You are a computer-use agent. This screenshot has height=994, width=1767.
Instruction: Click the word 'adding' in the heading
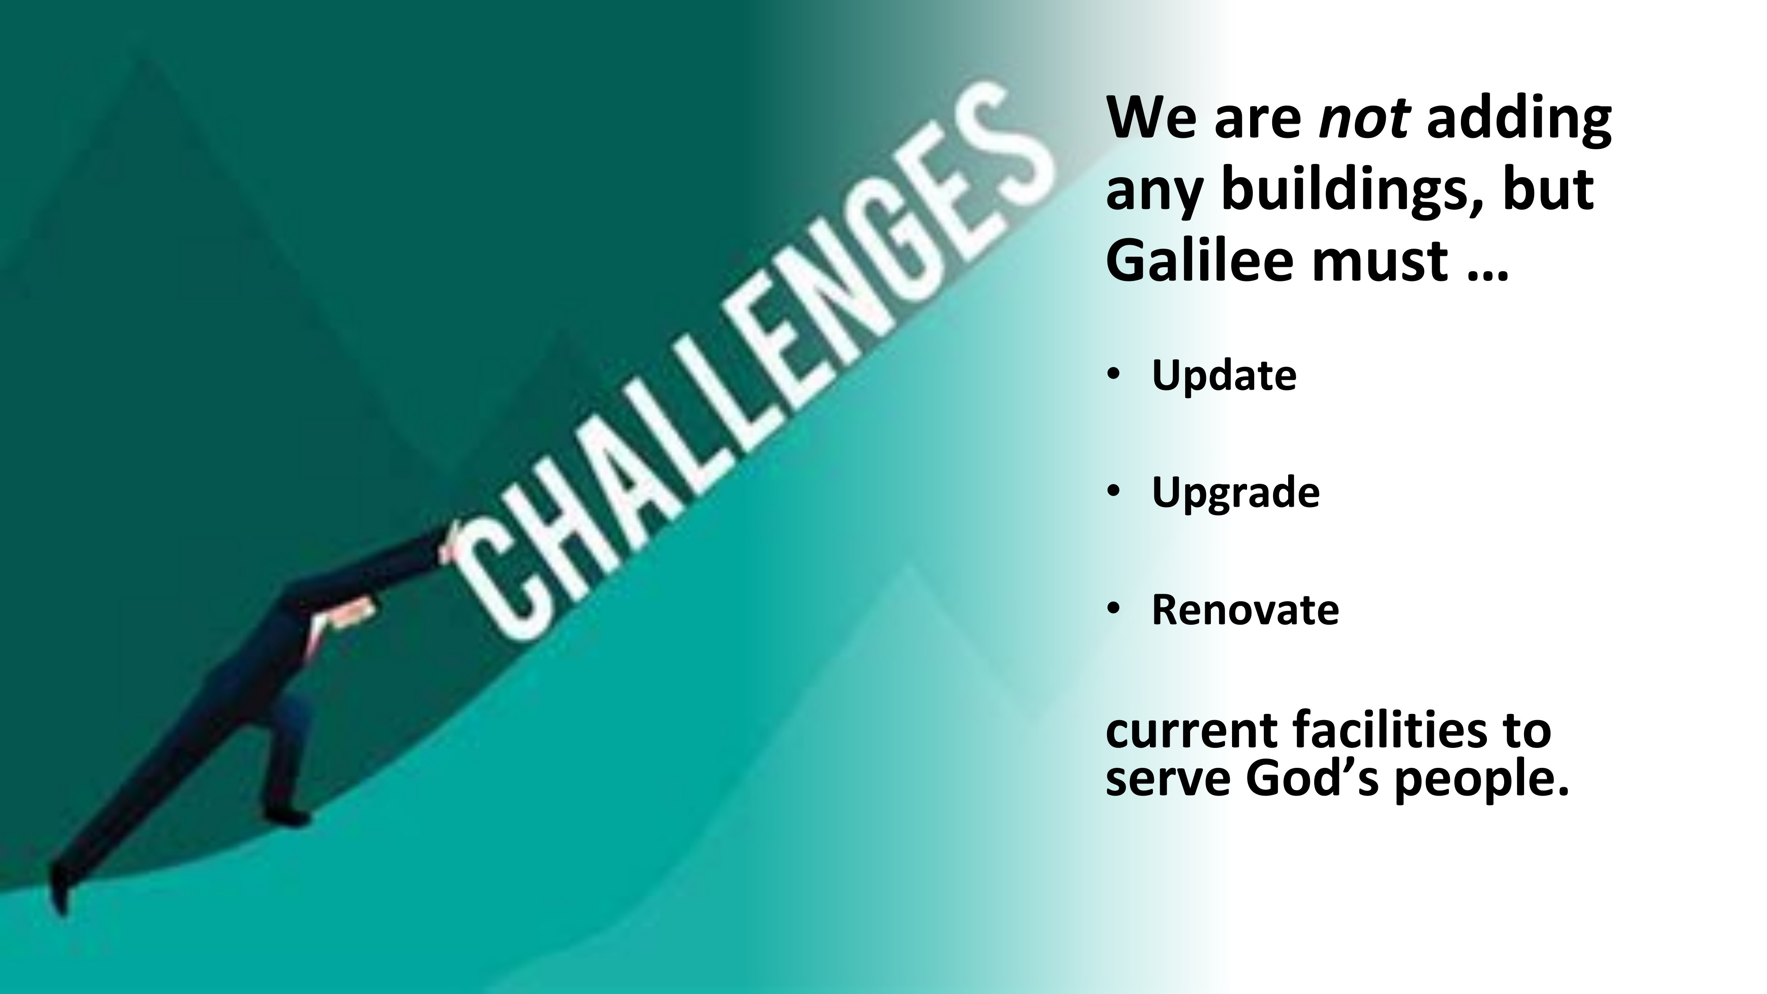point(1519,118)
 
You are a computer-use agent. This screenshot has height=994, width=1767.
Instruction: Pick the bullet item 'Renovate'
point(1245,609)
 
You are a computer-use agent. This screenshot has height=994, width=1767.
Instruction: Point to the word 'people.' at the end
point(1482,781)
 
